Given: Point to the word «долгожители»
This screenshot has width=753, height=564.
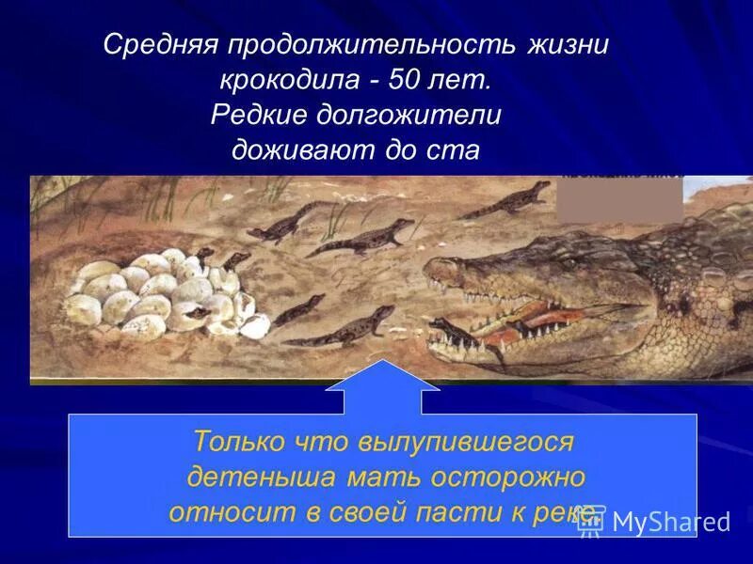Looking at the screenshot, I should click(x=408, y=116).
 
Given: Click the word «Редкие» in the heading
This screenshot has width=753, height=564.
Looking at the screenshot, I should click(x=258, y=116).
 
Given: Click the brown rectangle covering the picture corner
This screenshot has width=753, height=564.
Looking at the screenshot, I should click(x=619, y=200).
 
